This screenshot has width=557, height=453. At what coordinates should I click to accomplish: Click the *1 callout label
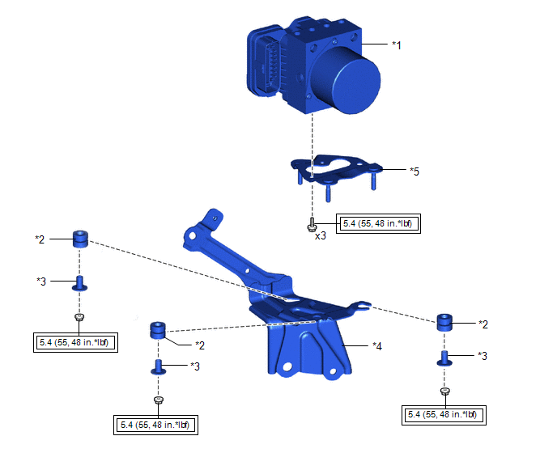(397, 45)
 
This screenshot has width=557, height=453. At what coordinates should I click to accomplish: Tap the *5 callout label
(415, 171)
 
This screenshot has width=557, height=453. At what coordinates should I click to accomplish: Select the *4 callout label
(377, 346)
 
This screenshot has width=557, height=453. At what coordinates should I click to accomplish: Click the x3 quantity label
(321, 235)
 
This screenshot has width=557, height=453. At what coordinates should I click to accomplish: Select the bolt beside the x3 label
(311, 225)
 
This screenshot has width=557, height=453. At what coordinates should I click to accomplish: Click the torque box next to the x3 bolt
(378, 223)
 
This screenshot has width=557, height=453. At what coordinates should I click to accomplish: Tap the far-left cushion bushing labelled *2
(80, 239)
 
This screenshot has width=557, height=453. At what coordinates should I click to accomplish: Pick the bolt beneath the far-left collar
(79, 317)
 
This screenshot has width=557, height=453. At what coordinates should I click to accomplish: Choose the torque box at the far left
(75, 343)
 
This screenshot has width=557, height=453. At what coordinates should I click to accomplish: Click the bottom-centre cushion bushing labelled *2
(158, 331)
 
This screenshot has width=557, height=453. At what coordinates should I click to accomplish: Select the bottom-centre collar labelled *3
(159, 367)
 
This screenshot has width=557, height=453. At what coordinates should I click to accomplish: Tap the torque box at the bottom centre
(156, 425)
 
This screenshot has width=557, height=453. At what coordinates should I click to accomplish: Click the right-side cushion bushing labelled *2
(444, 322)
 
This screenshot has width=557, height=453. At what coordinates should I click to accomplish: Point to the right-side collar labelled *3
(444, 358)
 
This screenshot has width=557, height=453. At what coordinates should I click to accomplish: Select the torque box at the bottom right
(444, 415)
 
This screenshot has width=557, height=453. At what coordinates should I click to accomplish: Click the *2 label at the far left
(40, 239)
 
